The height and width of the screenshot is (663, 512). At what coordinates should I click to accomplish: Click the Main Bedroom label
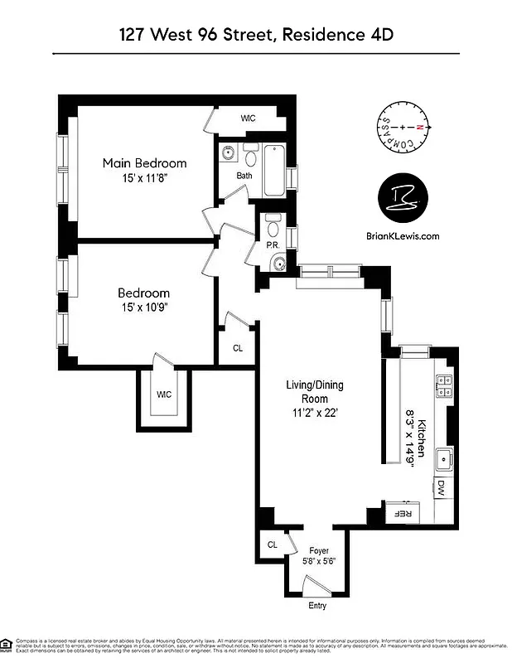click(144, 163)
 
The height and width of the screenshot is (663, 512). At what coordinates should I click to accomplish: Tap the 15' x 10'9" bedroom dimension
click(144, 307)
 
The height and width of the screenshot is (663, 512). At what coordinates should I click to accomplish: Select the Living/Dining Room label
click(314, 385)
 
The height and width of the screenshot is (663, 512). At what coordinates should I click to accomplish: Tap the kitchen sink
click(445, 457)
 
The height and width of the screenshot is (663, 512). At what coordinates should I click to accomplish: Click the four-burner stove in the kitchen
click(444, 385)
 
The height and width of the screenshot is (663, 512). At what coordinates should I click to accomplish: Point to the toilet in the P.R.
click(274, 225)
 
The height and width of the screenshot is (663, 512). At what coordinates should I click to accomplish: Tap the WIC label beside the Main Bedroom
click(248, 119)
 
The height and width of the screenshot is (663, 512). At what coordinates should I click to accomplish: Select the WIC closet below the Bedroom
click(163, 394)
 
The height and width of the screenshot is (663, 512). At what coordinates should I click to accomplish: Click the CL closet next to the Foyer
click(273, 544)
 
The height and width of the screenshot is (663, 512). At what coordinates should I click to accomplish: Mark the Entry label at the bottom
click(316, 606)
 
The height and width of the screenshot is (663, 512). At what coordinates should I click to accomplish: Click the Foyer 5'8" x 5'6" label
click(319, 555)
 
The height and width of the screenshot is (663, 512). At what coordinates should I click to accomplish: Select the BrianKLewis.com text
click(403, 235)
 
